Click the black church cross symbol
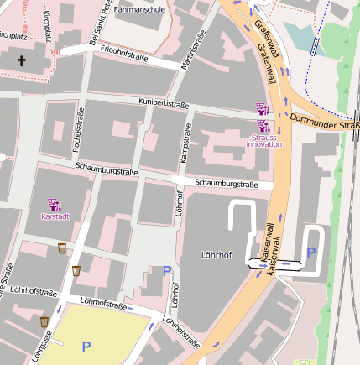20,61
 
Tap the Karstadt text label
55,216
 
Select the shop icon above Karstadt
55,204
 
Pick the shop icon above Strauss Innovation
262,108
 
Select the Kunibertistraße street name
163,102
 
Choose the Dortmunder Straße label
323,124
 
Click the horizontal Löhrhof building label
217,253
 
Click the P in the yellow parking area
85,345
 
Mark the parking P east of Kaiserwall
311,252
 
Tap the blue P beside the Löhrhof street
166,271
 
